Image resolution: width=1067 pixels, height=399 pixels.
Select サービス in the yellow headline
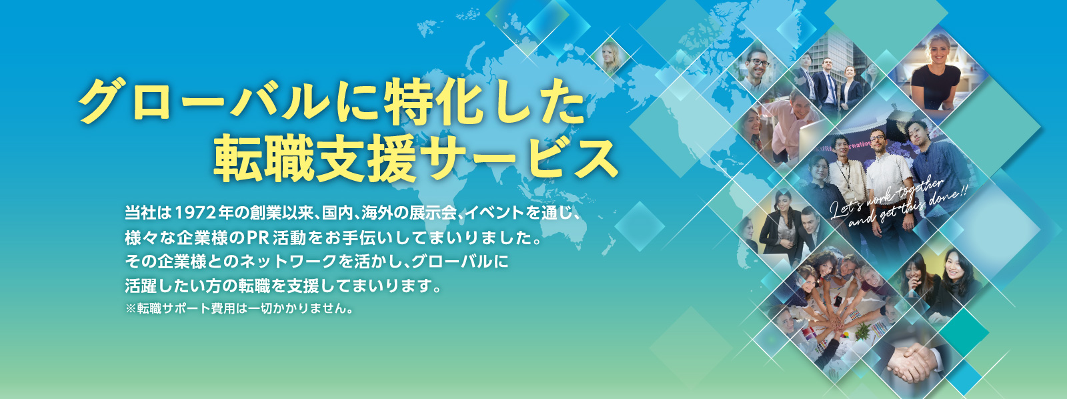518,158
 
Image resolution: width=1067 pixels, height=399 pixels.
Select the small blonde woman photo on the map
610,57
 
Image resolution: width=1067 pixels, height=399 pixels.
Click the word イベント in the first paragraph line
493,213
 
